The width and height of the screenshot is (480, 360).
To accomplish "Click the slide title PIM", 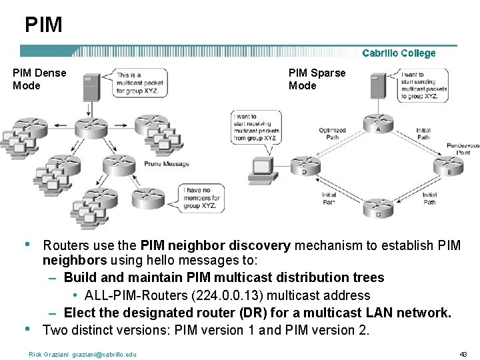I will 43,25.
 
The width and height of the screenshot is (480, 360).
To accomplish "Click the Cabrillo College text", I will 399,53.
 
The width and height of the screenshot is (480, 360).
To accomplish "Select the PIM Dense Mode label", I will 39,79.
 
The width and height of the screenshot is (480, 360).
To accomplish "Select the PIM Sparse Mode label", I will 317,79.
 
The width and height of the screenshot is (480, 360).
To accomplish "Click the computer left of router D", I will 262,170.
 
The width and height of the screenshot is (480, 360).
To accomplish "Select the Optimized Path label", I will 332,134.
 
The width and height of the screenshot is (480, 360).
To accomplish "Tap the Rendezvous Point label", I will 463,149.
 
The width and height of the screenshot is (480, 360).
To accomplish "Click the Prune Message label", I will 167,164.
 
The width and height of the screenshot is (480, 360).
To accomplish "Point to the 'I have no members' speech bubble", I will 201,197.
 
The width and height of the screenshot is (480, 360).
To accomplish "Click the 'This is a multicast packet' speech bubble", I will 138,83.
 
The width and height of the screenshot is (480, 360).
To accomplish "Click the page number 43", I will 463,353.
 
